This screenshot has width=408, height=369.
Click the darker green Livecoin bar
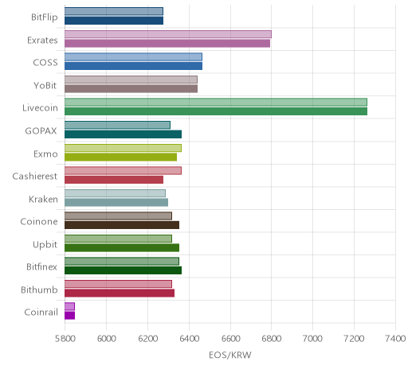pos(216,111)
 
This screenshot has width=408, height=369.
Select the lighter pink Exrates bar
pos(168,34)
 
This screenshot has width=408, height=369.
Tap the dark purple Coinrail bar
pos(70,316)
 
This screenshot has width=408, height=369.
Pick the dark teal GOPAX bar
pos(124,134)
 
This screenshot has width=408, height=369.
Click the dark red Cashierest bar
pos(114,180)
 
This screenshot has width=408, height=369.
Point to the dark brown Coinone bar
pos(122,225)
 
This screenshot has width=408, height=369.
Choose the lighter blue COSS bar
pos(133,56)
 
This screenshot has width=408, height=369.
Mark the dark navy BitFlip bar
pos(114,21)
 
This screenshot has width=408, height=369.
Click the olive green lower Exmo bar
pos(121,157)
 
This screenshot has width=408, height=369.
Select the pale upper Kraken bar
pos(115,193)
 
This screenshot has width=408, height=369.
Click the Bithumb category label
pos(39,289)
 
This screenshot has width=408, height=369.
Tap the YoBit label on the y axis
pos(45,85)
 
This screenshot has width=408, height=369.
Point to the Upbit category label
pos(45,245)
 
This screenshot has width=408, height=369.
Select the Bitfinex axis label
pos(41,266)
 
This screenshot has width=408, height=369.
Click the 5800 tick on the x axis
pos(65,339)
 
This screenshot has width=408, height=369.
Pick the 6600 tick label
pos(230,339)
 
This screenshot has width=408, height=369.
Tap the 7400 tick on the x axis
pos(395,339)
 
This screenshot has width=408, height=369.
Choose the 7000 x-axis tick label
pos(312,339)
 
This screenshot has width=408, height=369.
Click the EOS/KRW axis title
pos(230,355)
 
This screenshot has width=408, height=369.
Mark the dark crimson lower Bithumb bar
pos(120,293)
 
